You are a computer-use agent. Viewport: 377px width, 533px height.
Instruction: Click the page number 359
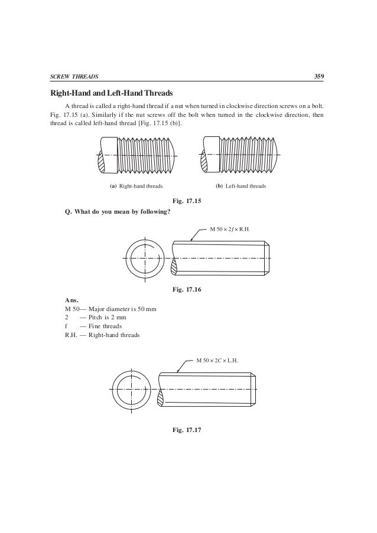[318, 77]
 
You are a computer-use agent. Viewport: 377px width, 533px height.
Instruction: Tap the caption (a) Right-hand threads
[136, 186]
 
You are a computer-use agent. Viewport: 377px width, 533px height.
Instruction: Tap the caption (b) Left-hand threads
[240, 186]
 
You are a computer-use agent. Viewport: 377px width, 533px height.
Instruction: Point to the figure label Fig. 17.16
[186, 290]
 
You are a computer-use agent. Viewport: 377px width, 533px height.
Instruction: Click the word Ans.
[71, 300]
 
